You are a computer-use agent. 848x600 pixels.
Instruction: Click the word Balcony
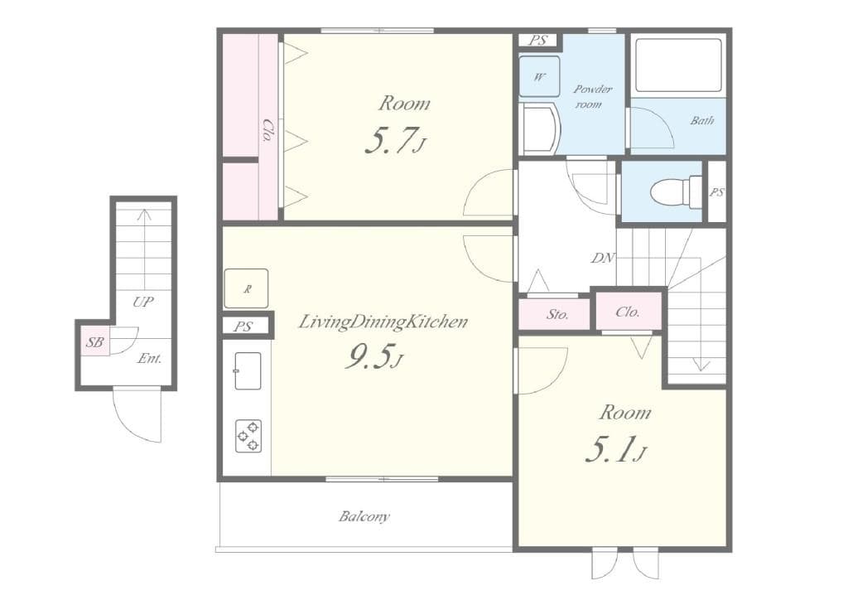click(364, 516)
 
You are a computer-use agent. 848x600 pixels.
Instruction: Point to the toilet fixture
click(675, 192)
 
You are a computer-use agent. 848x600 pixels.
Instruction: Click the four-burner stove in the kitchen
click(248, 436)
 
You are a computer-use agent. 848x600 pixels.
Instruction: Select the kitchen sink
click(247, 370)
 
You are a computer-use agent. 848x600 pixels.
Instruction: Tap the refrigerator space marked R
click(246, 289)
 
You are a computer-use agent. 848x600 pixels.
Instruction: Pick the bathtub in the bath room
click(678, 65)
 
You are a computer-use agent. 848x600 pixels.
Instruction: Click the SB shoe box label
click(94, 341)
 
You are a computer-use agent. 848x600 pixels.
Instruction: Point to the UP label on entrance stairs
click(143, 302)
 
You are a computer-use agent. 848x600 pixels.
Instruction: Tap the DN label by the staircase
click(602, 258)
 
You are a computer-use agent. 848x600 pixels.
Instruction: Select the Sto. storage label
click(556, 314)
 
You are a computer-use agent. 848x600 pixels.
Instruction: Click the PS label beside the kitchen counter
click(243, 327)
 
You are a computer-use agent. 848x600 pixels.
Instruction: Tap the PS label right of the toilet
click(716, 192)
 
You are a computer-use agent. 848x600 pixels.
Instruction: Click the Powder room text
click(592, 96)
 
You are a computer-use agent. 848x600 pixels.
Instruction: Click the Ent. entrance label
click(149, 359)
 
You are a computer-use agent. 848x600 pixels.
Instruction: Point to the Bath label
click(701, 121)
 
